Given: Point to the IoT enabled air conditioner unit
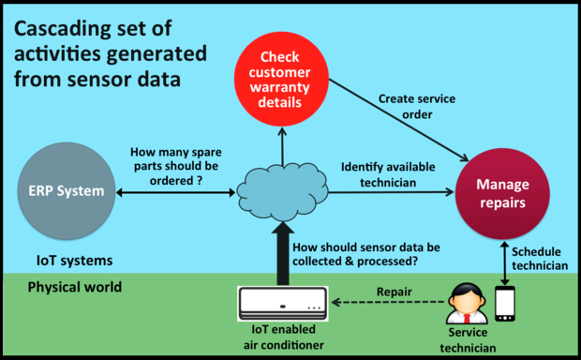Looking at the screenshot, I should coord(283,302).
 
